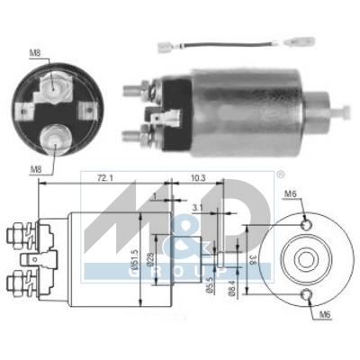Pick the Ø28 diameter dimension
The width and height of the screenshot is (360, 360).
(x=163, y=260)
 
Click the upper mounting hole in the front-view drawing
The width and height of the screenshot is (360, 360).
(x=306, y=222)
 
